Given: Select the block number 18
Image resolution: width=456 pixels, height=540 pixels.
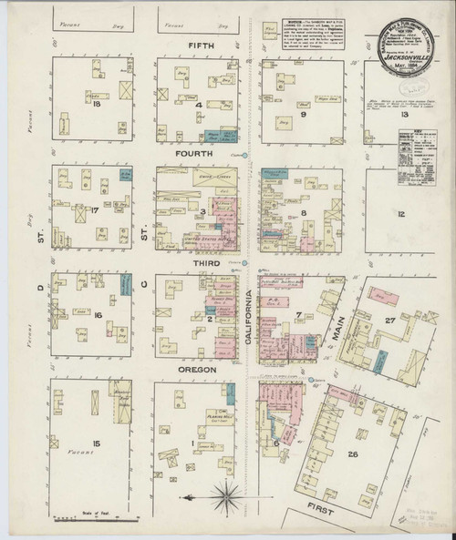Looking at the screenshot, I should (x=95, y=105).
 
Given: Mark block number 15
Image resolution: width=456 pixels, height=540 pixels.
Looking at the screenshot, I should (x=95, y=443).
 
